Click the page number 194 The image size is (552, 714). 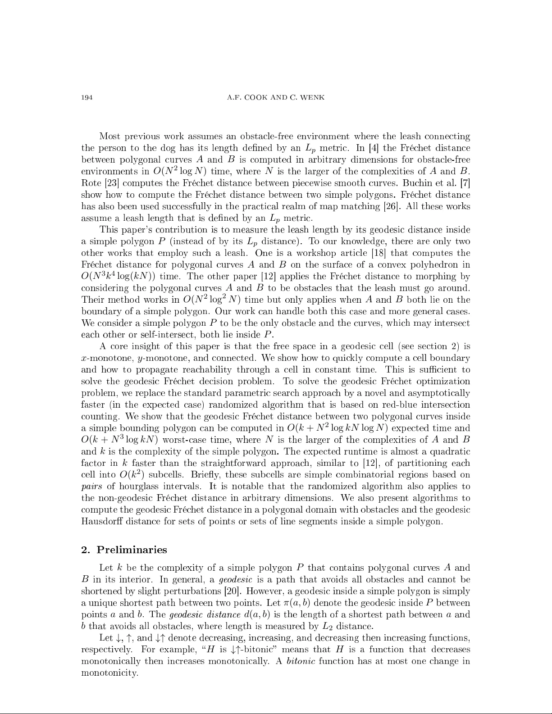[x=87, y=98]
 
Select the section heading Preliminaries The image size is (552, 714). [x=132, y=550]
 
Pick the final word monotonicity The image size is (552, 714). [x=109, y=673]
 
